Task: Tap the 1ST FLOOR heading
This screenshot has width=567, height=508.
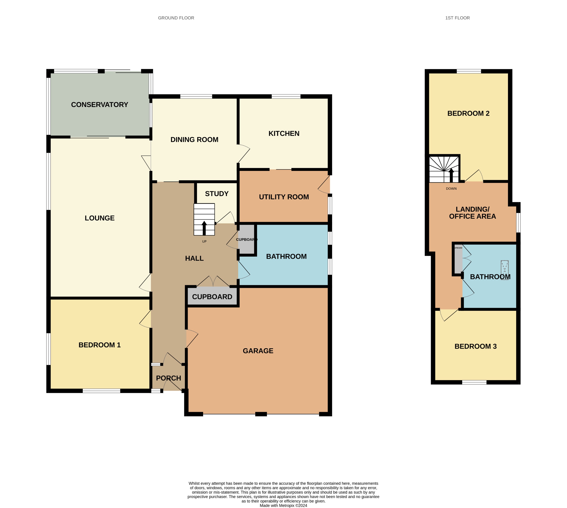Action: coord(457,18)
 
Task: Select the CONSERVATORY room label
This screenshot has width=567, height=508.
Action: coord(99,105)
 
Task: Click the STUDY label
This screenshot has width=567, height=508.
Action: coord(217,194)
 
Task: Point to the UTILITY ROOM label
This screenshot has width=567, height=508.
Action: coord(284,197)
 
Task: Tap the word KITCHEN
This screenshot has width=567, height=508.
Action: coord(284,133)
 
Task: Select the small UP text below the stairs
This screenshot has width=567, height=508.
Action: coord(204,242)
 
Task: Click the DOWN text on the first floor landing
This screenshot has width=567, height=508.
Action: coord(451,189)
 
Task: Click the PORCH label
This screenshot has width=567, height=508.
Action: coord(168,378)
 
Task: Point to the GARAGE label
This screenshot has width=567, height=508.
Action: coord(258,351)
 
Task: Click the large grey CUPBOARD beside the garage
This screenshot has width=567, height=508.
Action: coord(212,297)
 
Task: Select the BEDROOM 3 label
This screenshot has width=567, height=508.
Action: coord(476,346)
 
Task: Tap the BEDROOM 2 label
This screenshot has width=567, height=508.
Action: coord(468,113)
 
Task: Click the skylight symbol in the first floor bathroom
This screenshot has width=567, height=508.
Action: coord(505,270)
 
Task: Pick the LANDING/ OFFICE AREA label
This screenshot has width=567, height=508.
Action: coord(472,213)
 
